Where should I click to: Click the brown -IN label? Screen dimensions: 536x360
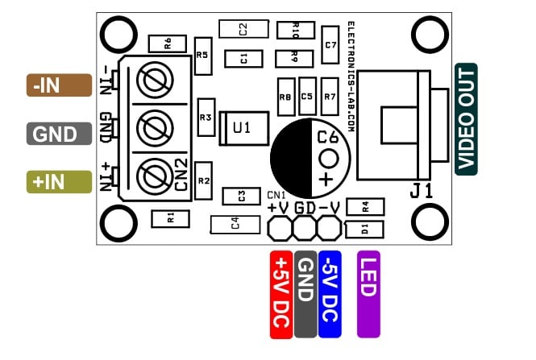coord(59,85)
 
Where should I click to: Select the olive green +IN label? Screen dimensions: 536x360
coord(59,182)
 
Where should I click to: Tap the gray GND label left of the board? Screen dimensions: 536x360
coord(59,134)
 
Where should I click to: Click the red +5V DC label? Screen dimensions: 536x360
coord(281,295)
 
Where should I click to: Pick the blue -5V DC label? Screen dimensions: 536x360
coord(330,295)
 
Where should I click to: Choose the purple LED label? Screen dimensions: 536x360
coord(368,295)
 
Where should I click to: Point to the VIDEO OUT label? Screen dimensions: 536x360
coord(466,119)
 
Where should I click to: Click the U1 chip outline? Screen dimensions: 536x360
coord(243,128)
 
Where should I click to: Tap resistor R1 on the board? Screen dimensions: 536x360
coord(170,219)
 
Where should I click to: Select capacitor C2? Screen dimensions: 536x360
coord(243,29)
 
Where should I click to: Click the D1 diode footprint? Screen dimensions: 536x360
coord(364,230)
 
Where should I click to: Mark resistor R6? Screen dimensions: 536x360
coord(168,43)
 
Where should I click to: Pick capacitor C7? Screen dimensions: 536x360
coord(330,45)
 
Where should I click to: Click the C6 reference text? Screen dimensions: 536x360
coord(327,137)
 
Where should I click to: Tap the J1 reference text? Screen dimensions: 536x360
coord(421,191)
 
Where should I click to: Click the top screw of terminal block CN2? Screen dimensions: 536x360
coord(155,80)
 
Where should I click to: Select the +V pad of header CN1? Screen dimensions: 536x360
coord(280,229)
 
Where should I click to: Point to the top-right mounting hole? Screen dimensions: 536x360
coord(430,35)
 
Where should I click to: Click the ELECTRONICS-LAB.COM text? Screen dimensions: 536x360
coord(351,77)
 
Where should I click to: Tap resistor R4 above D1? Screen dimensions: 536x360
coord(365,207)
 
